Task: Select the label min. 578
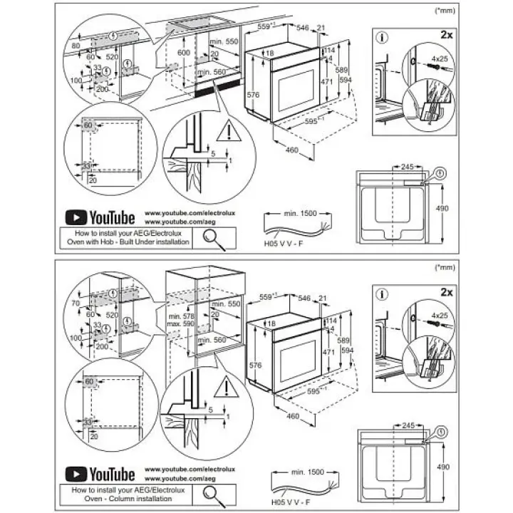pos(182,315)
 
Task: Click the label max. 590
pos(182,324)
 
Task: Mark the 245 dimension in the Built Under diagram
pos(407,166)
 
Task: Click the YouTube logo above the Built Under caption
pos(100,217)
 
